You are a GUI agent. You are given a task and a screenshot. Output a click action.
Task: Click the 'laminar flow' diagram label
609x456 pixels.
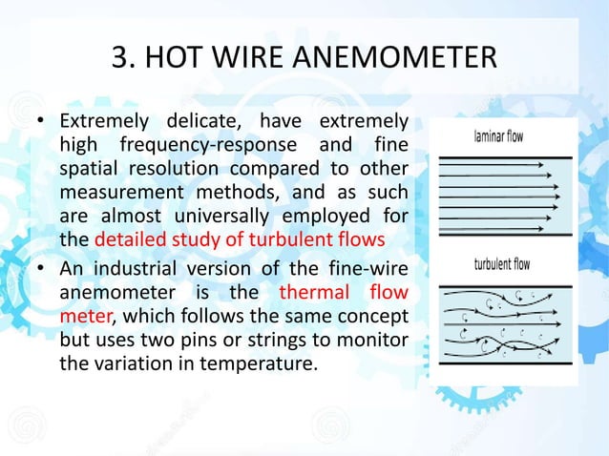click(498, 136)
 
